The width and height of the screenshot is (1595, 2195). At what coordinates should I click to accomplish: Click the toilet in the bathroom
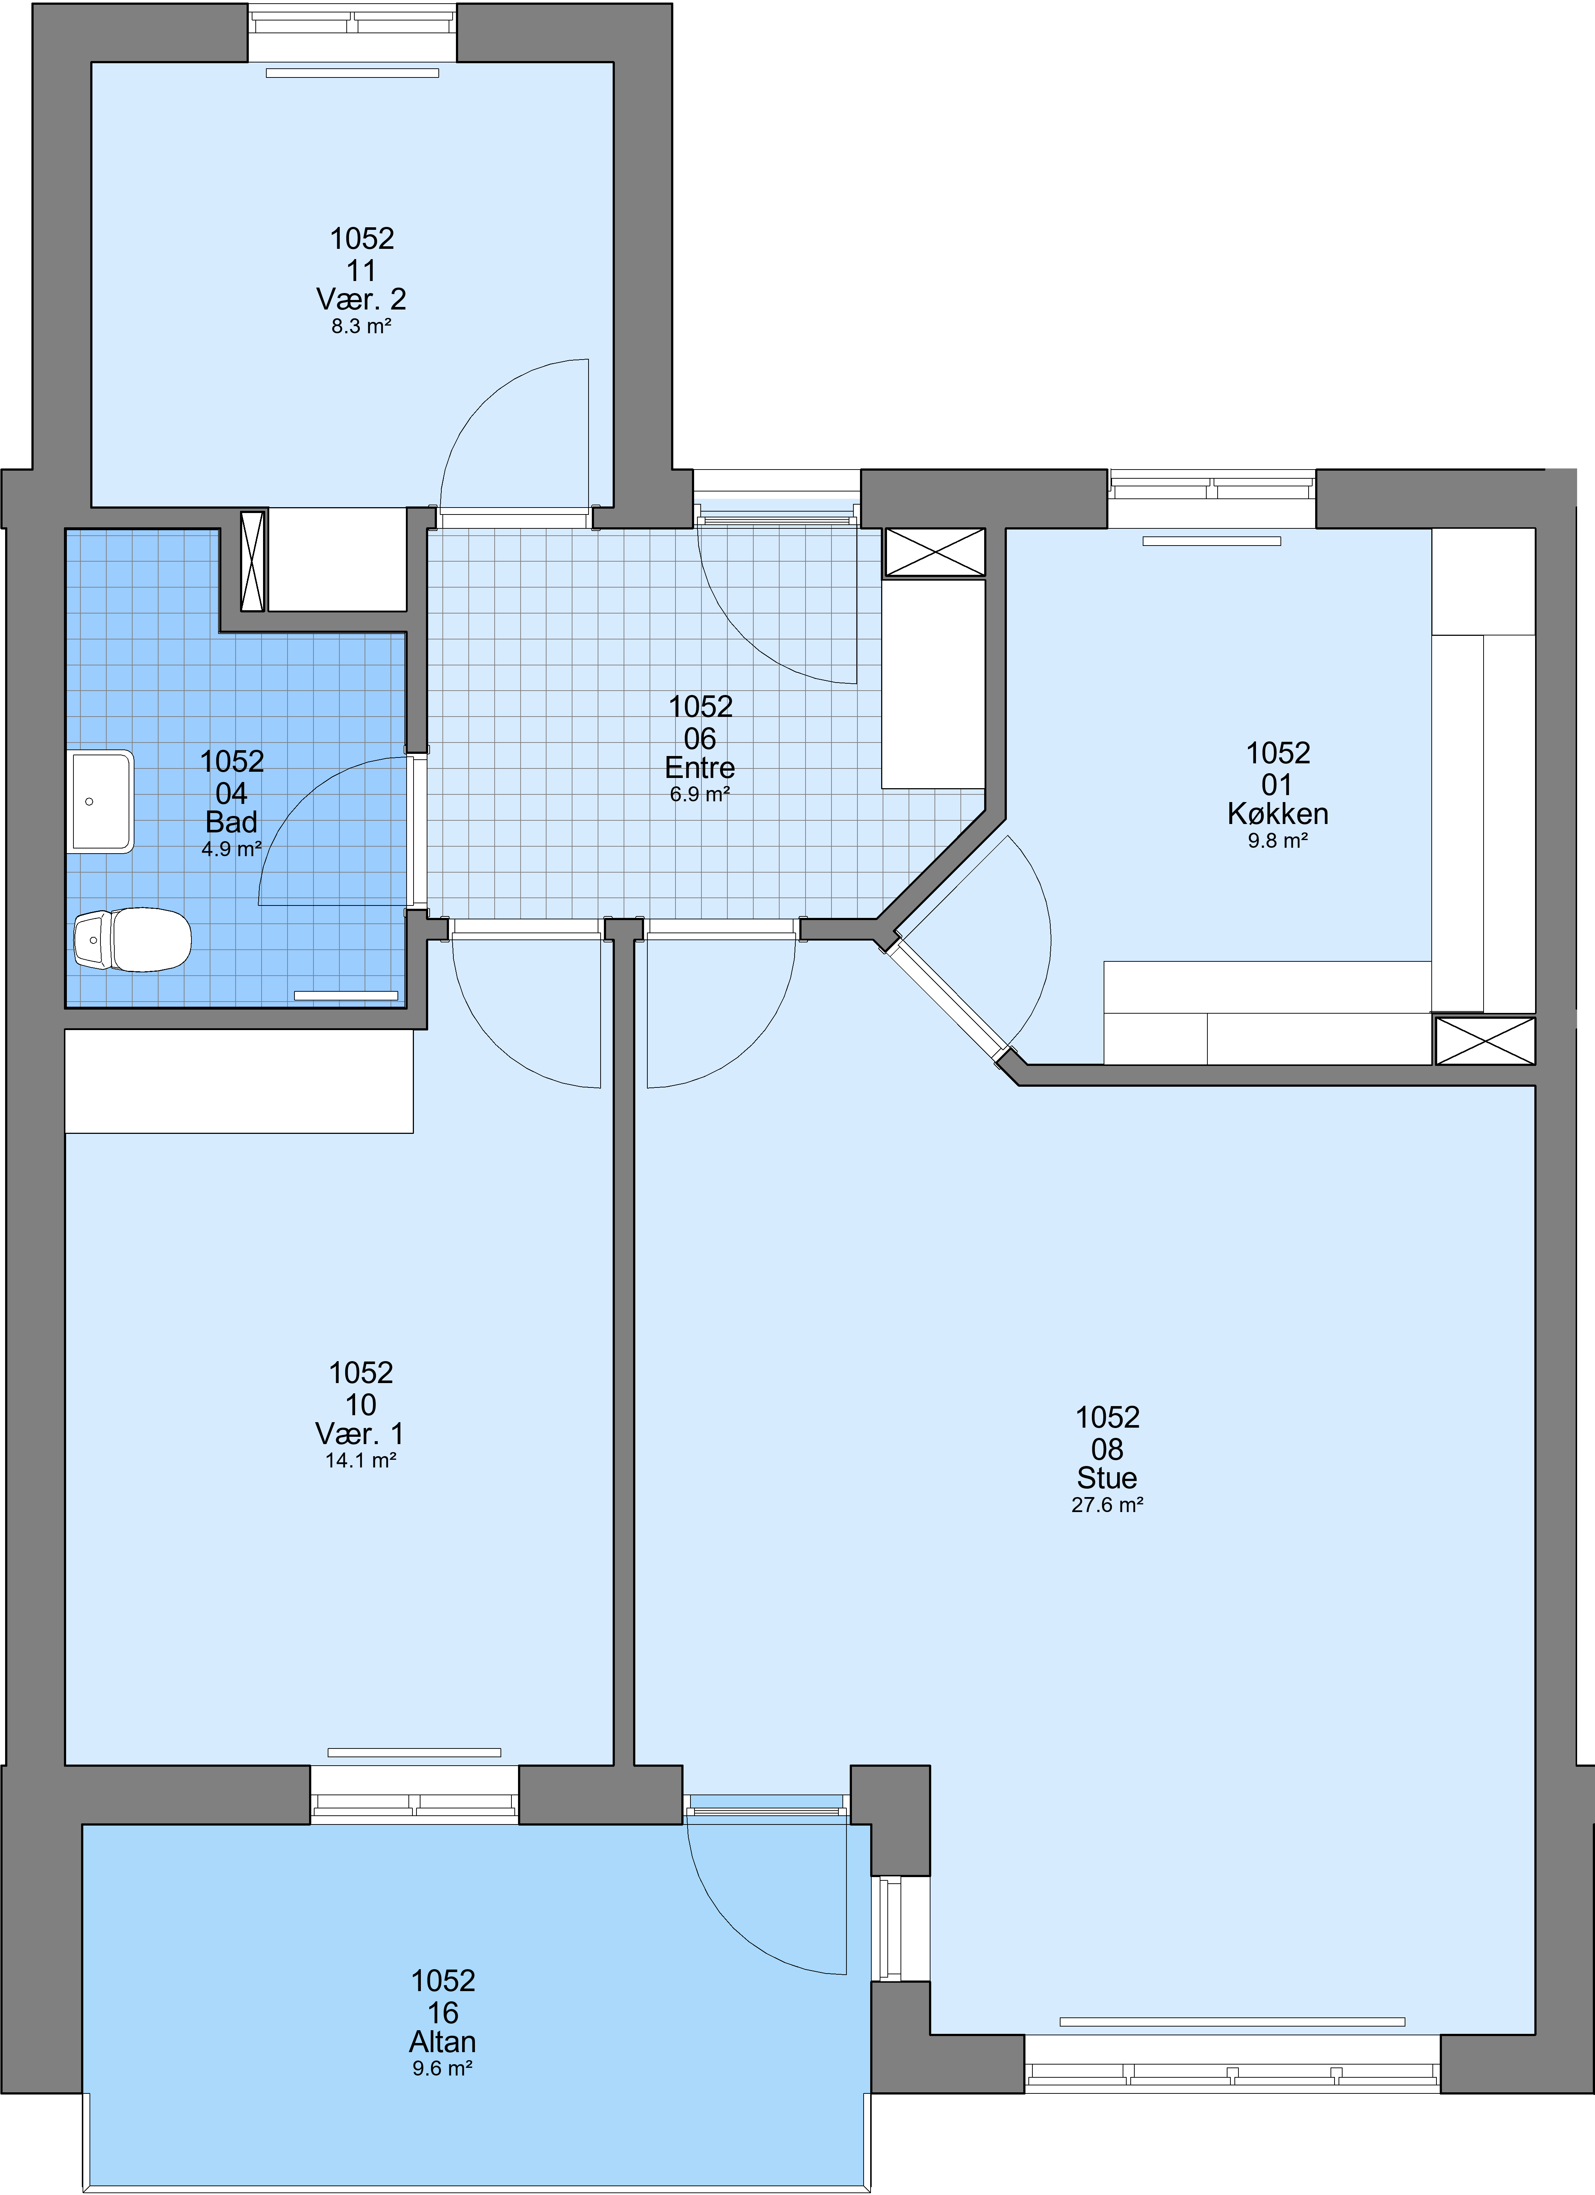(133, 939)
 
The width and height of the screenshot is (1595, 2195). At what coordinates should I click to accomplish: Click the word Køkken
(1278, 814)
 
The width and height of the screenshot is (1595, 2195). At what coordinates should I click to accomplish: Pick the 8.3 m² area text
(361, 326)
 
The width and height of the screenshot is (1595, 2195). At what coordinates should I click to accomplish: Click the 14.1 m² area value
(361, 1461)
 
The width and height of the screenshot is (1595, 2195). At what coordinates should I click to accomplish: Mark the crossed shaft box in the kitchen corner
(1485, 1040)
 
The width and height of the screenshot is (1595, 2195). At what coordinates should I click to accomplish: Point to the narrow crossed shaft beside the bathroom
(252, 561)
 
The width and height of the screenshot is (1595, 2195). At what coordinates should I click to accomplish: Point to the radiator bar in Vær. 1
(414, 1753)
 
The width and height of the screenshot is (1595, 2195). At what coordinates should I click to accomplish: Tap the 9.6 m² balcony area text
(442, 2069)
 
